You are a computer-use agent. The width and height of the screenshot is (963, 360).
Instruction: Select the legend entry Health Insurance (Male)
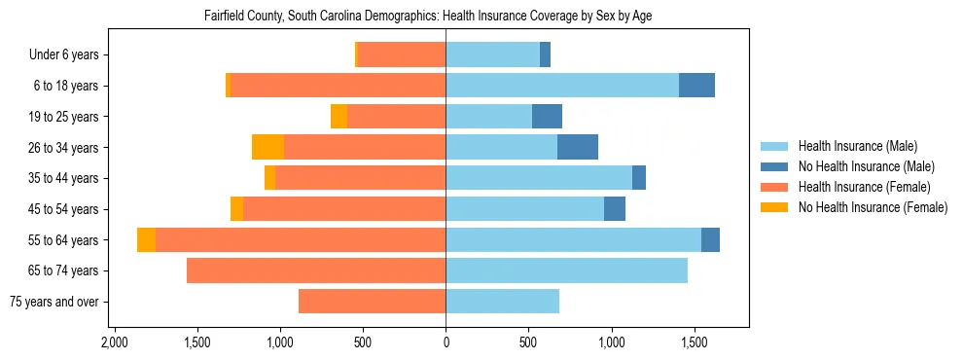857,146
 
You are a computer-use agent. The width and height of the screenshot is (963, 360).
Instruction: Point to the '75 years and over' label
53,302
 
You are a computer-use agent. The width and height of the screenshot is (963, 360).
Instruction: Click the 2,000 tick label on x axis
115,343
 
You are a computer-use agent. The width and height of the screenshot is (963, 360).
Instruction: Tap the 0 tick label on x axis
446,343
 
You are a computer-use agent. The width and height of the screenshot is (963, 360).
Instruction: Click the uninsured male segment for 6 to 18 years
696,86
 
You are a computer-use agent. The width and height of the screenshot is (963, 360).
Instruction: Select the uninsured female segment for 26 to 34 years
267,147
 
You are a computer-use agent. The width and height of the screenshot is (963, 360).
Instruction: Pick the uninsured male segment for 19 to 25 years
547,116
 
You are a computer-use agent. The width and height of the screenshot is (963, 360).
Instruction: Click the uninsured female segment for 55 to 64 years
146,239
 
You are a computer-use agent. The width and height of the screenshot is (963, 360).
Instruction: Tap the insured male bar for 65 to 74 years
566,270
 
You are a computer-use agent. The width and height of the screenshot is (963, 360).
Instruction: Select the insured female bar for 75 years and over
372,302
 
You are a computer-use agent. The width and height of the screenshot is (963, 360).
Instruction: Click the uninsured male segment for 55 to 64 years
710,239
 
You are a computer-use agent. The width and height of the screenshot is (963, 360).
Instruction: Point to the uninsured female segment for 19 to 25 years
339,116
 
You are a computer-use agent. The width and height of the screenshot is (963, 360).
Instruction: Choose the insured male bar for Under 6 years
492,54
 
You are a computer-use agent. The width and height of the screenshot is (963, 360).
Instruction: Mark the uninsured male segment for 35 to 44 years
639,178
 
